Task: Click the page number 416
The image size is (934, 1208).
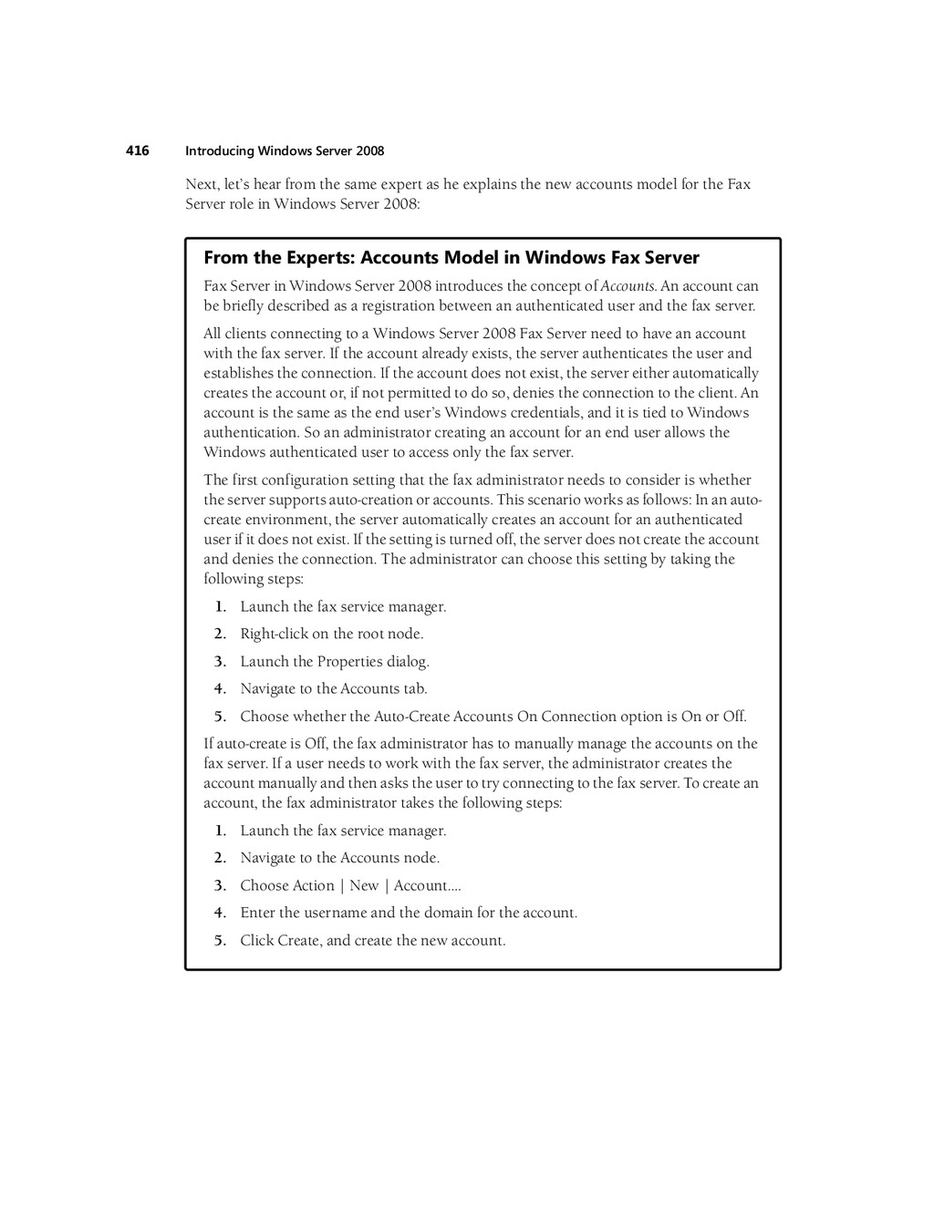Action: tap(137, 150)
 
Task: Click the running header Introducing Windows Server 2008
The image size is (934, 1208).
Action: tap(285, 151)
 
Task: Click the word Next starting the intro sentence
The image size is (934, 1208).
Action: tap(202, 184)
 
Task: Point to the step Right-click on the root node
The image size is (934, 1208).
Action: tap(331, 634)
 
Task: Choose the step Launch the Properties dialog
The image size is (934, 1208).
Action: tap(334, 661)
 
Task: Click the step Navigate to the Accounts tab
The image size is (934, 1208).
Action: tap(333, 688)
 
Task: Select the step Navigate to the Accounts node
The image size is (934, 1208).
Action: tap(339, 858)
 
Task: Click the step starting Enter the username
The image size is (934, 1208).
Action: tap(409, 913)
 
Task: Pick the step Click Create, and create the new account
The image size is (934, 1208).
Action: tap(372, 940)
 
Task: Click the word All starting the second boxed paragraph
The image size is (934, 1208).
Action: tap(212, 334)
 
